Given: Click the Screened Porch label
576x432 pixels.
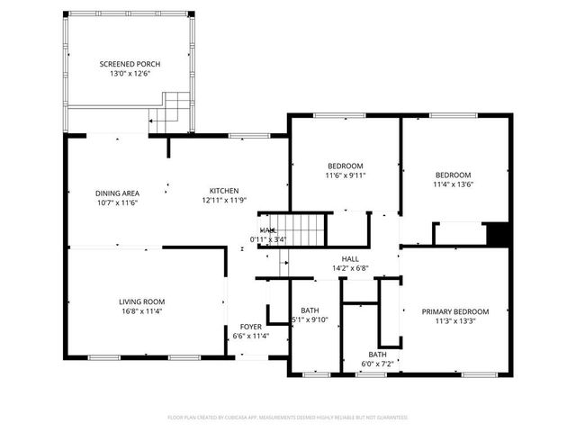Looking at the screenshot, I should [130, 64].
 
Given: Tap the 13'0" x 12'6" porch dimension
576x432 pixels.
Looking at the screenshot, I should [130, 74].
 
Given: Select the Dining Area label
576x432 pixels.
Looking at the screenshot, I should [117, 193].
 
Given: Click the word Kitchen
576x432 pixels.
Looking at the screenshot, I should [224, 191].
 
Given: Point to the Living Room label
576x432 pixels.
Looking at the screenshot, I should [142, 301].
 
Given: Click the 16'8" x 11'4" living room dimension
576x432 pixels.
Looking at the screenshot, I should [142, 311].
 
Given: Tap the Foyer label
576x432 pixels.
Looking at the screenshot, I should [250, 327].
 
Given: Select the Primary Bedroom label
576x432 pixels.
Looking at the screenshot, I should [455, 311].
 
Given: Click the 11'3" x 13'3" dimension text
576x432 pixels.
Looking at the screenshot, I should [455, 321].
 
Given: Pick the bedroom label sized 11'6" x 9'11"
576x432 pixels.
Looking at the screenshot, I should [345, 166].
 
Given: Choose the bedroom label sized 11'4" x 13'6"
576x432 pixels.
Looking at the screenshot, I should [454, 175].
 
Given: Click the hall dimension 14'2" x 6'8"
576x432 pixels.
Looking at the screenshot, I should [350, 268].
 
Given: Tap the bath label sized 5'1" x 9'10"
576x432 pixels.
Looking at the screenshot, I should [310, 310].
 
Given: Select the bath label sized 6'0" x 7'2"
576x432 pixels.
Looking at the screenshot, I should [377, 355].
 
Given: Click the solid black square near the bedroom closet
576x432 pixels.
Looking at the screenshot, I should [498, 233].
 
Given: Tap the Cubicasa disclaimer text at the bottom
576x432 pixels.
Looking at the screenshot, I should [288, 418].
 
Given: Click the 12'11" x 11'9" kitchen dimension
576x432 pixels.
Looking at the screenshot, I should [224, 201].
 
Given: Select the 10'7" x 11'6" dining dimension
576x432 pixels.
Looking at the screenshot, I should [117, 202].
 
